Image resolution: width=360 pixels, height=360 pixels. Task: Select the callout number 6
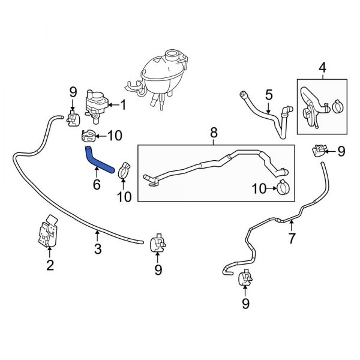[x=96, y=185]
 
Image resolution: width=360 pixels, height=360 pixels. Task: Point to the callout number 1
[x=123, y=106]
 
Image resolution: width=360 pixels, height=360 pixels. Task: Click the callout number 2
[x=50, y=264]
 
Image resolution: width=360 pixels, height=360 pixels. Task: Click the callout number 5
[x=269, y=94]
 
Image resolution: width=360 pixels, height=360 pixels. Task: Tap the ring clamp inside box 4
[x=336, y=108]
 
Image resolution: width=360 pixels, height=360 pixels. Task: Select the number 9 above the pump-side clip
[x=73, y=92]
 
